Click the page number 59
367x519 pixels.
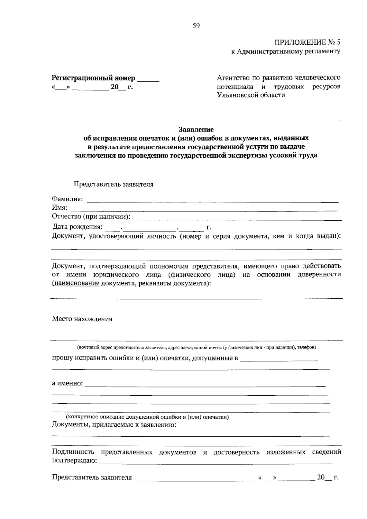[x=196, y=26]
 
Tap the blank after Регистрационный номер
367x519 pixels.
[x=148, y=80]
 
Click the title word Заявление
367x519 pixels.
[x=196, y=129]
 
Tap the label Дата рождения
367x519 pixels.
[x=77, y=227]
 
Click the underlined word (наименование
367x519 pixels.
[x=76, y=283]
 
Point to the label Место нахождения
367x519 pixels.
[x=82, y=319]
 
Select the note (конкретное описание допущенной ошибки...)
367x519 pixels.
[x=148, y=417]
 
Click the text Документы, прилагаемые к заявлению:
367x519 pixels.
[x=114, y=425]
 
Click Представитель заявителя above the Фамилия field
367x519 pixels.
[x=113, y=185]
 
